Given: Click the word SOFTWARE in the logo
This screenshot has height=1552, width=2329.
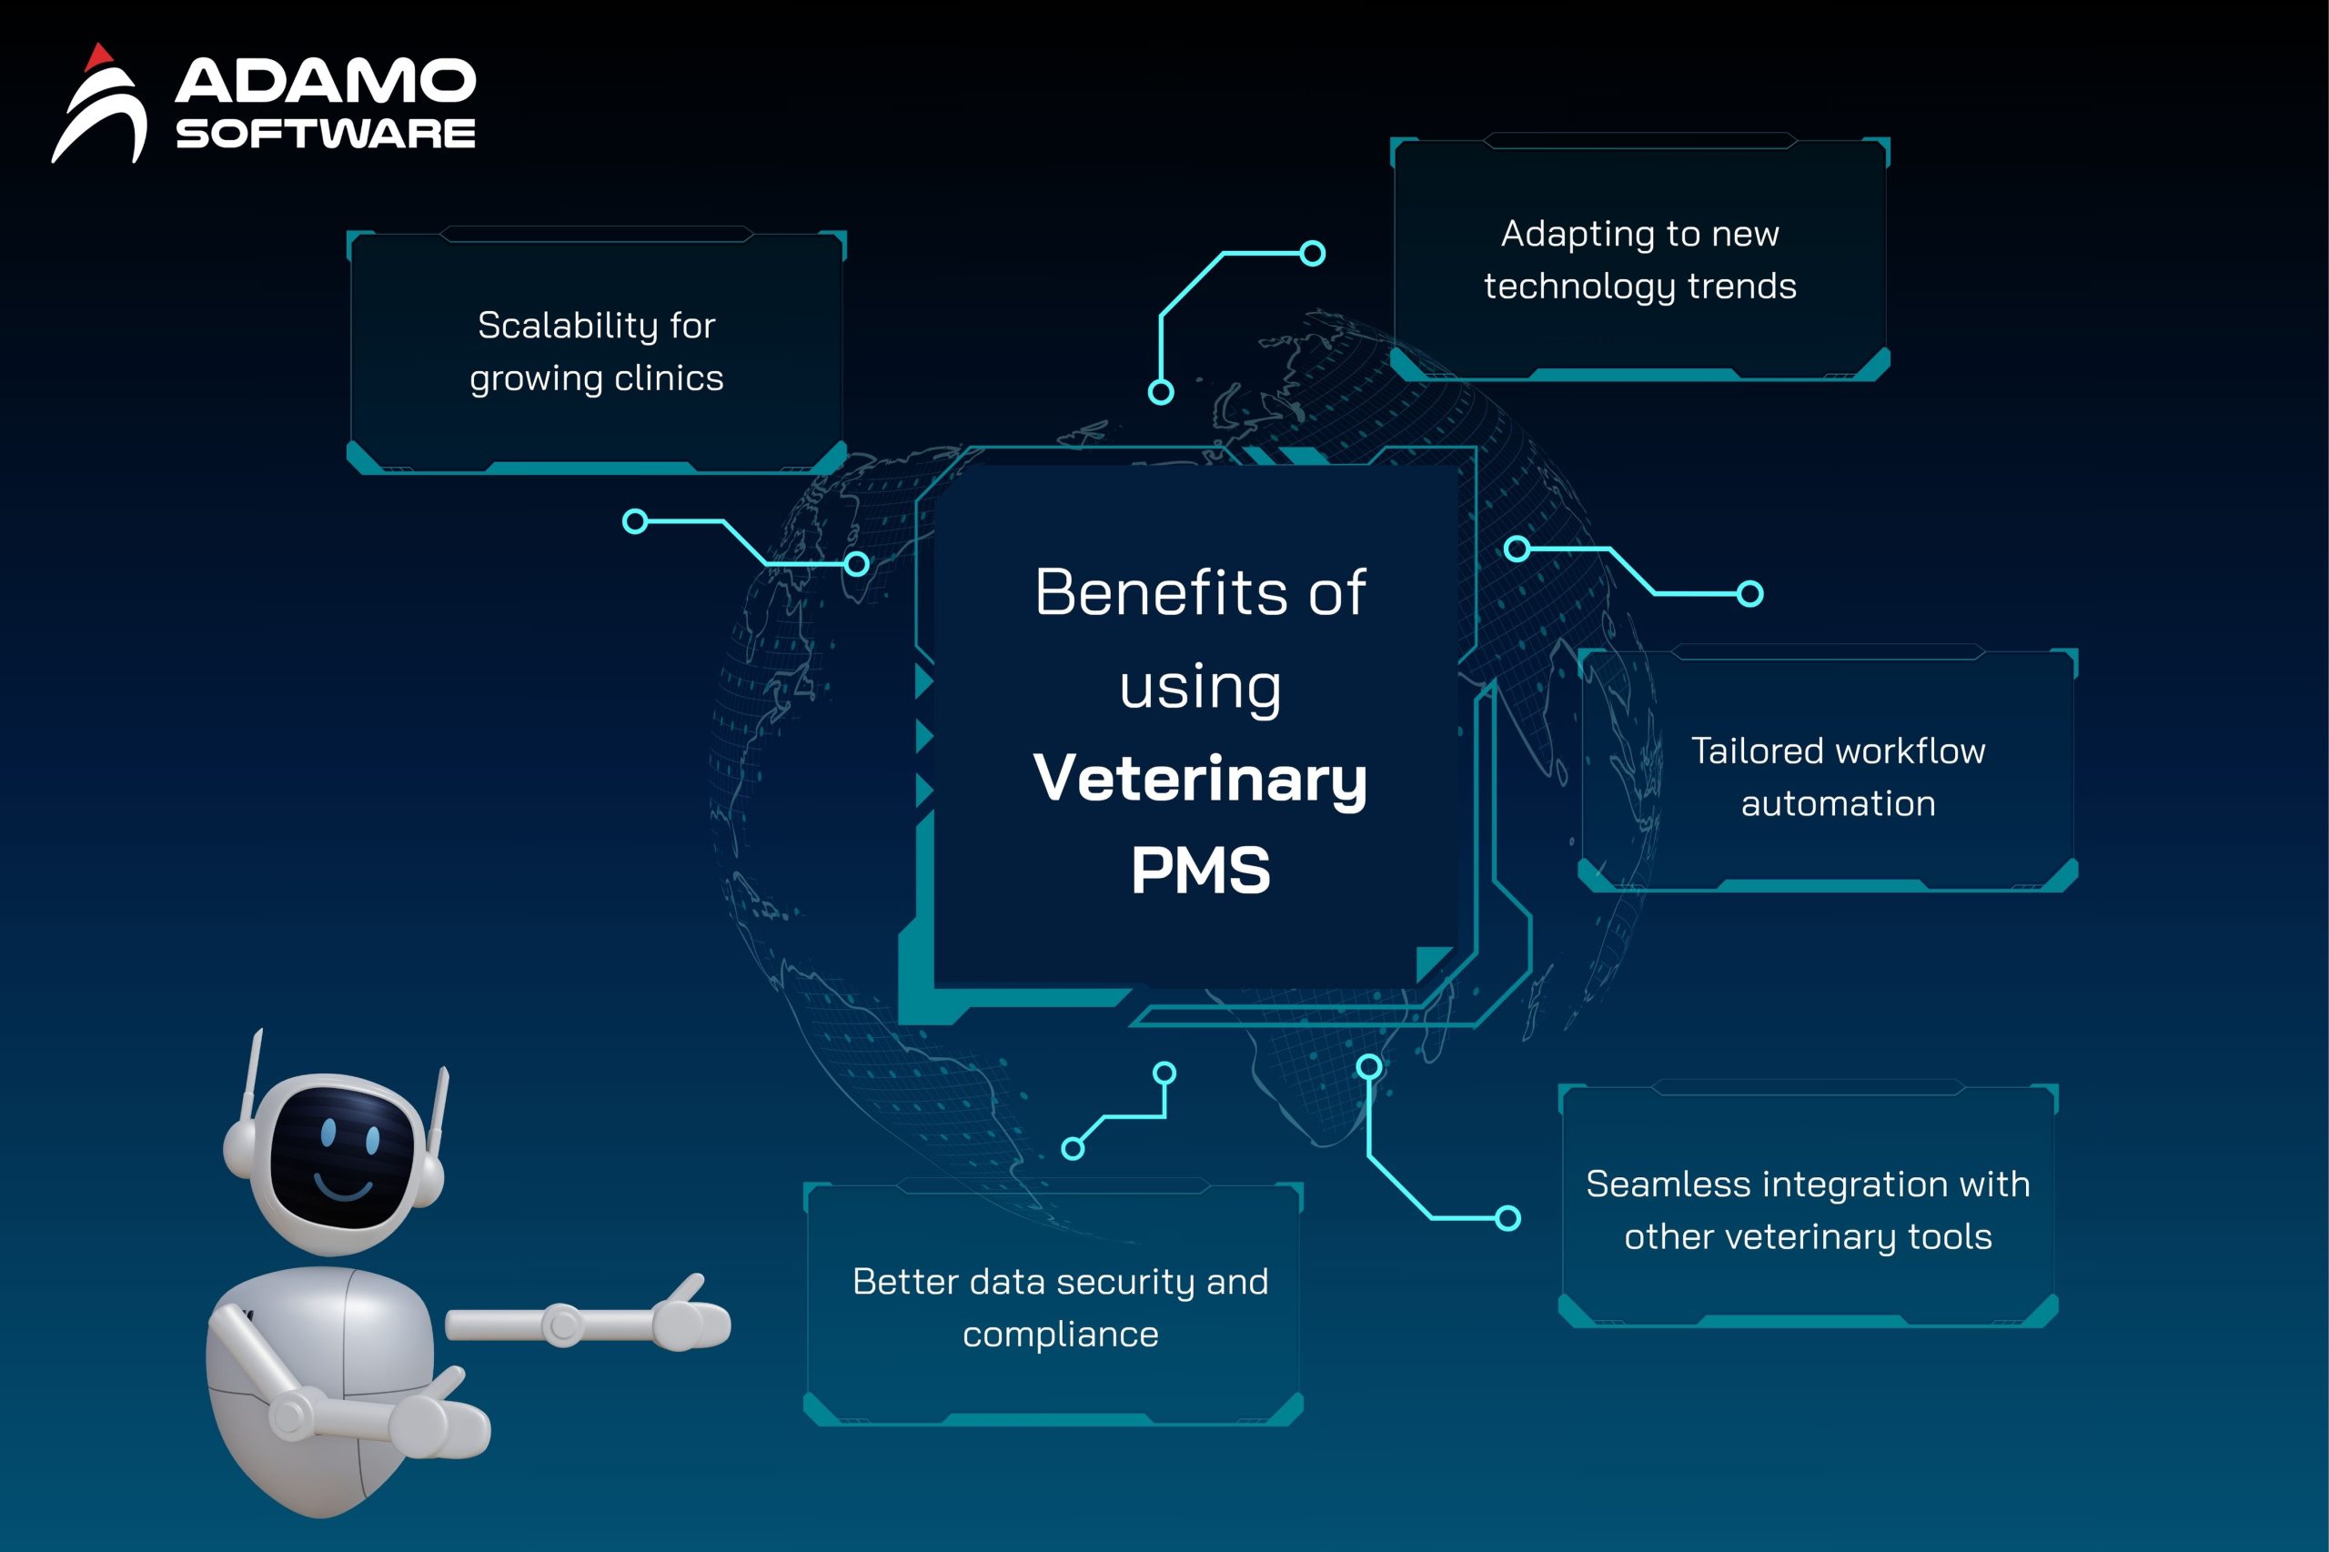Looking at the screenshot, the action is tap(326, 134).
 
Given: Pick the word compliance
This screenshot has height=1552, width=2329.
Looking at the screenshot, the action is tap(1060, 1335).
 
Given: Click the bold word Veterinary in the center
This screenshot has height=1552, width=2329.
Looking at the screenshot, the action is tap(1200, 780).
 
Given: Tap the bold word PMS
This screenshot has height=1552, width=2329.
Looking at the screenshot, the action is tap(1200, 871).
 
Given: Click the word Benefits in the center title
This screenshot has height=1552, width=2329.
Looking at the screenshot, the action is tap(1161, 592).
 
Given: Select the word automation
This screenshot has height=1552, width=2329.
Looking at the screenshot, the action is tap(1838, 803).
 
